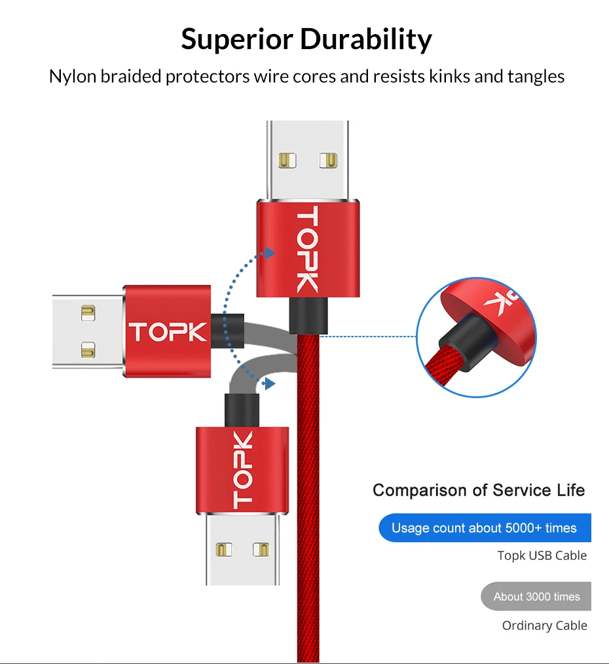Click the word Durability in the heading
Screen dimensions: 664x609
367,39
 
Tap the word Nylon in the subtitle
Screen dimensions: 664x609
73,77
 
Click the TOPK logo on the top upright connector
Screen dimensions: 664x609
306,249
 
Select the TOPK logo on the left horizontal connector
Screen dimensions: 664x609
168,333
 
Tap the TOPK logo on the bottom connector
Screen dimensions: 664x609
242,470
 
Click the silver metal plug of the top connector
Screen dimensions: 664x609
308,160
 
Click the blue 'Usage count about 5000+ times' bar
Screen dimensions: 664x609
485,528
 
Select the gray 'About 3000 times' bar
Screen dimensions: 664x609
536,597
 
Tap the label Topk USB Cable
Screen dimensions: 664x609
542,556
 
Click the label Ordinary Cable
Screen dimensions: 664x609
544,626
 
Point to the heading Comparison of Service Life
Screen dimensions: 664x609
479,490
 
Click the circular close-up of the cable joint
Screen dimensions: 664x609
476,337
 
